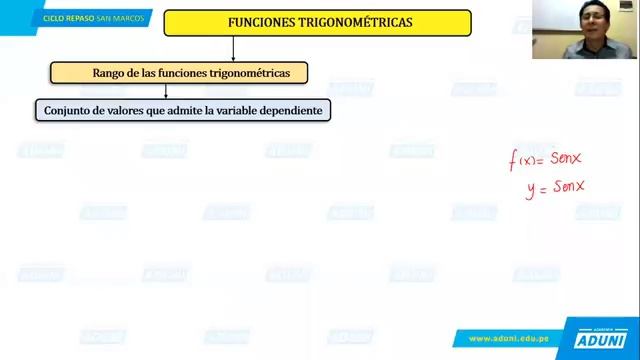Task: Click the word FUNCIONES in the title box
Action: pos(262,22)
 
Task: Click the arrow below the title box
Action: pos(233,49)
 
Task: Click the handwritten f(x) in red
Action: pos(524,160)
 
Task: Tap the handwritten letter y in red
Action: pos(530,188)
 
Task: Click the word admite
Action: pos(181,110)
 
